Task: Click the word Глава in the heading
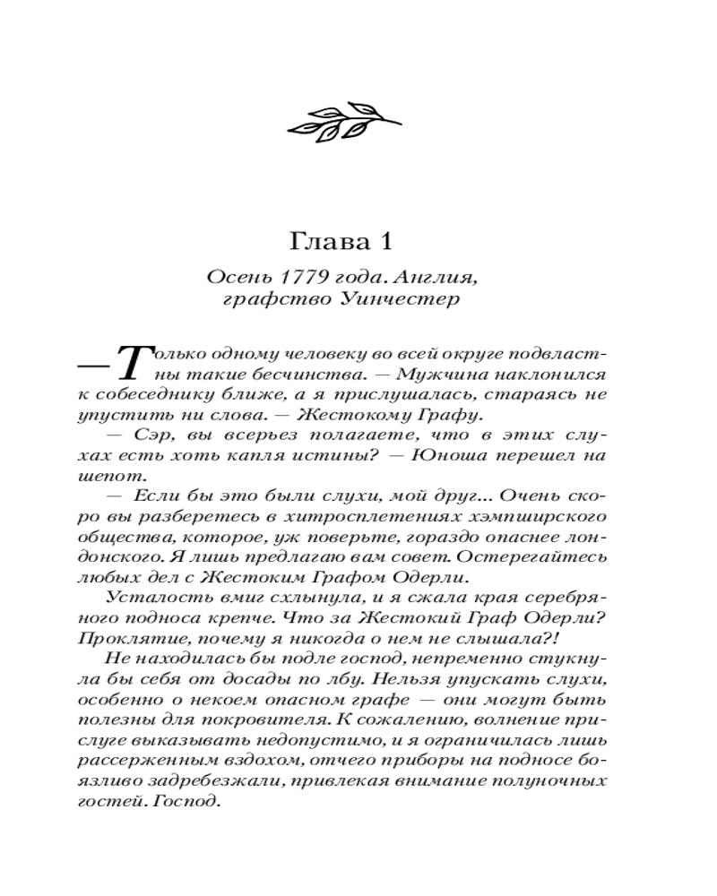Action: point(328,243)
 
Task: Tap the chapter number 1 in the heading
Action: point(386,243)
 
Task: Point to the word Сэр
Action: point(151,435)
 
